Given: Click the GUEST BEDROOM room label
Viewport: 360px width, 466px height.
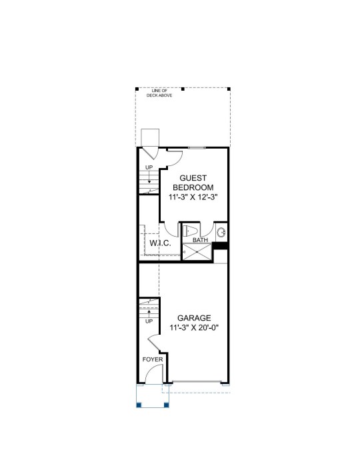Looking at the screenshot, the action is [x=193, y=183].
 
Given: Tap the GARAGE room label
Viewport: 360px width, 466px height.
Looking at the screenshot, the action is [x=194, y=318].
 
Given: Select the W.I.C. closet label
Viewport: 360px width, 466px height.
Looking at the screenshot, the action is [x=160, y=243].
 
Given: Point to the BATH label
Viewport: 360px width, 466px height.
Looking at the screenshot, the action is [x=200, y=240].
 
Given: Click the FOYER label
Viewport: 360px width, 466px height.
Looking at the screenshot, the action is [x=153, y=359].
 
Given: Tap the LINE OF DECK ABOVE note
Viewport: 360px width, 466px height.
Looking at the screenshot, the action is [x=159, y=93].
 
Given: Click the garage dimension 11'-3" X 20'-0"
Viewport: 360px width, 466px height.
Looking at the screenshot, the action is [x=194, y=328].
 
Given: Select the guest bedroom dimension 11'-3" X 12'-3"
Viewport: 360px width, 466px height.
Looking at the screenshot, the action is [x=193, y=197].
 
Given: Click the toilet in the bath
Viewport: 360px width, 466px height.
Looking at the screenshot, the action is [x=189, y=231].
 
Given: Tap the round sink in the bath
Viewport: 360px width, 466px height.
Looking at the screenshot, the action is [x=221, y=232].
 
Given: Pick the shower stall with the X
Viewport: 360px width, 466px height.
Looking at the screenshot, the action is [x=197, y=252].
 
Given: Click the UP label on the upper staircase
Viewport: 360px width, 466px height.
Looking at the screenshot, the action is [x=149, y=167].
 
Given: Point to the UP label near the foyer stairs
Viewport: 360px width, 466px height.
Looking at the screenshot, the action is [x=149, y=321].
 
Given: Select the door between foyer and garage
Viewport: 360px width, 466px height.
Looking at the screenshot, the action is [x=154, y=342].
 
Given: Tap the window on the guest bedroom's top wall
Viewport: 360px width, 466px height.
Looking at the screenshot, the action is [x=197, y=147].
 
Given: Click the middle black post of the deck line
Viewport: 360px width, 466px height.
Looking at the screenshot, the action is [x=183, y=89].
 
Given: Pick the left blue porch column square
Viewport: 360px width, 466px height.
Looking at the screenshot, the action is [x=139, y=405].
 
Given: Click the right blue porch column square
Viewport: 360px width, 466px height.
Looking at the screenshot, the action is [x=167, y=405].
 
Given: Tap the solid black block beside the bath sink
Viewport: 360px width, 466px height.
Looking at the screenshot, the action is [x=220, y=246].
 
